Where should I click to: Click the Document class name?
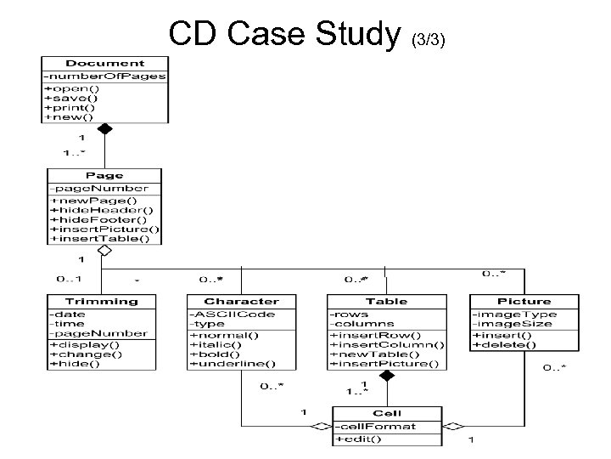(105, 64)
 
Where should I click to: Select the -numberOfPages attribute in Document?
(105, 76)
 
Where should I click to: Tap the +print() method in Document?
(72, 108)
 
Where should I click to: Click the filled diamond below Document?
(104, 129)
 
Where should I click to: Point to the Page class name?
(105, 175)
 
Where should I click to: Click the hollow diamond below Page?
(104, 252)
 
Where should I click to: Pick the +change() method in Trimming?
(79, 354)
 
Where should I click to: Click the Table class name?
(386, 301)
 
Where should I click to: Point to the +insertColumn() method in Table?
(388, 343)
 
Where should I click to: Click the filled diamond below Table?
(387, 375)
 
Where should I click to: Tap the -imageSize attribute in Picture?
(514, 324)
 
